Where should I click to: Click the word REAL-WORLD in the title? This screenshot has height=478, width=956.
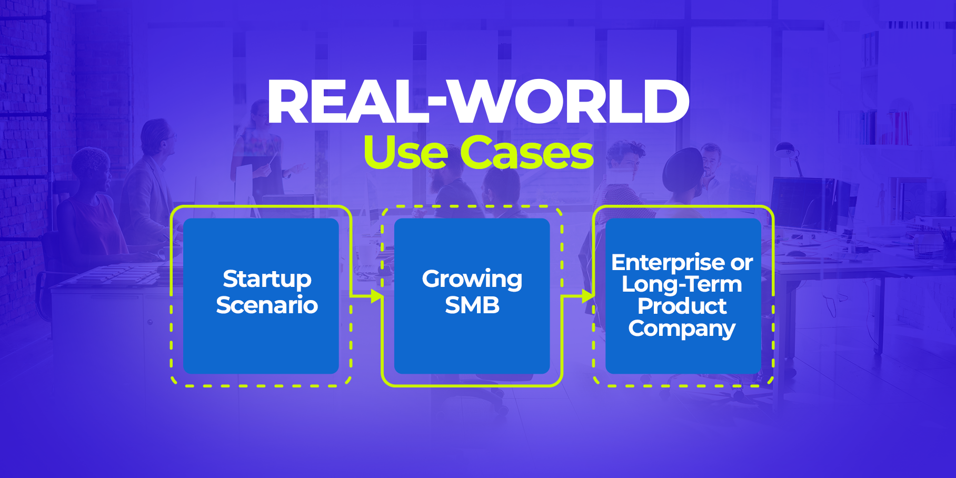(478, 102)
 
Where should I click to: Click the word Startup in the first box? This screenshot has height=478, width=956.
(267, 279)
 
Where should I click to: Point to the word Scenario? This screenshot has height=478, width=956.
(267, 305)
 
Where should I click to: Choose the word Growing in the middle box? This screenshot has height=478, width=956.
(472, 279)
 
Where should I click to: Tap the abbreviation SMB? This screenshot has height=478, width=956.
(472, 305)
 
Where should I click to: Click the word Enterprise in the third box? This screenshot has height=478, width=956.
(668, 262)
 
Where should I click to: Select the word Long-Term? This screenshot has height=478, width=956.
(682, 285)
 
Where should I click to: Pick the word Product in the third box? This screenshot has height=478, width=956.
(682, 306)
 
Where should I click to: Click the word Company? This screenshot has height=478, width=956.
(682, 328)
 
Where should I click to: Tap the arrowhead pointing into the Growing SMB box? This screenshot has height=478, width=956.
(377, 296)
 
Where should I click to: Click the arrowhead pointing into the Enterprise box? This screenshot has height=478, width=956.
(589, 296)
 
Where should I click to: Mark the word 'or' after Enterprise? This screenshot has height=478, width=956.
(742, 263)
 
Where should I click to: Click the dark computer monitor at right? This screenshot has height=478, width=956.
(798, 203)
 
